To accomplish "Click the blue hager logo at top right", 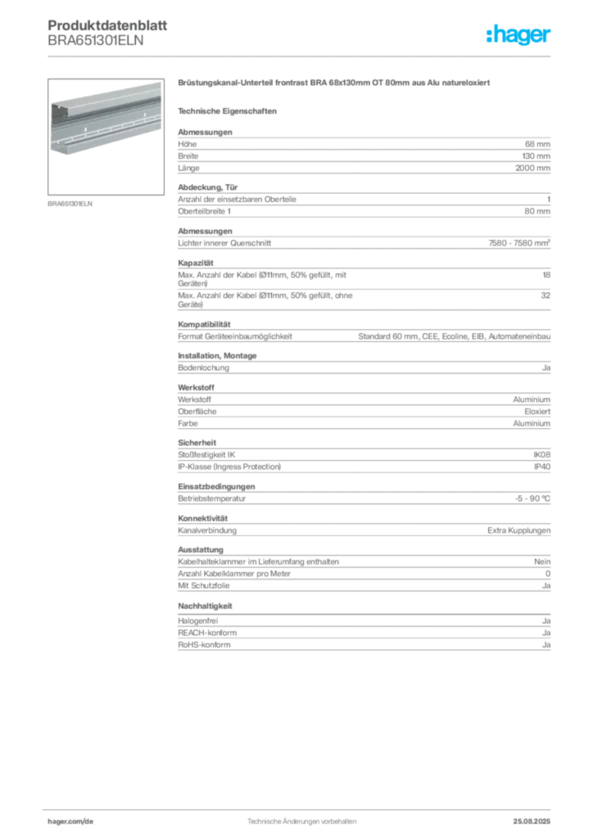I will tap(519, 36).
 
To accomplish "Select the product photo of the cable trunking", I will tap(106, 119).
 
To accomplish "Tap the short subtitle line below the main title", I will tap(229, 110).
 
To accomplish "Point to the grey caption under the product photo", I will tap(72, 203).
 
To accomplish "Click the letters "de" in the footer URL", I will tap(90, 821).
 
